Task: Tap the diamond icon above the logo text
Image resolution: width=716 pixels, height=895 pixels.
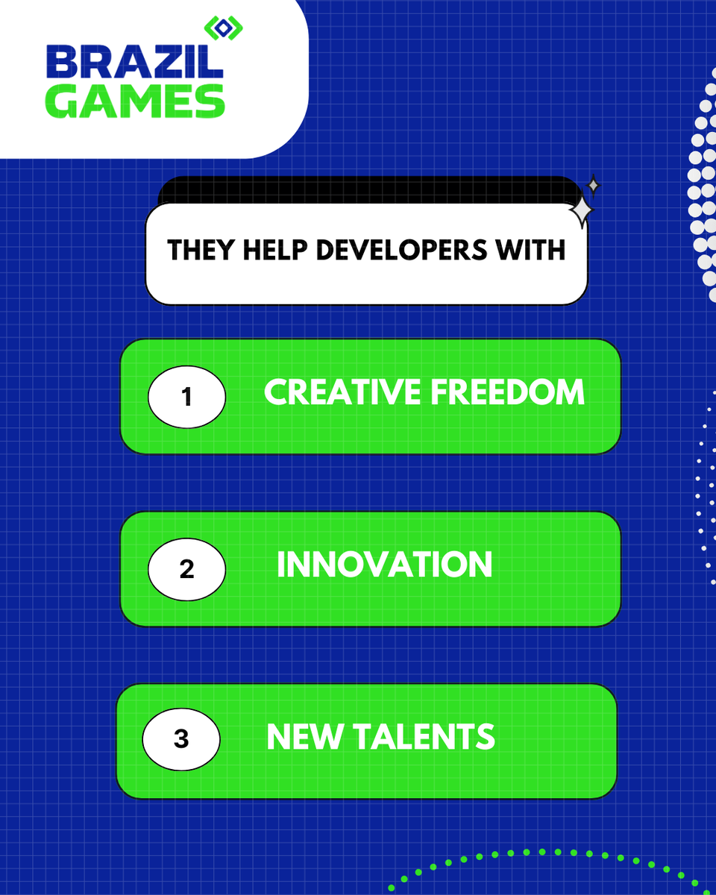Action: pyautogui.click(x=224, y=28)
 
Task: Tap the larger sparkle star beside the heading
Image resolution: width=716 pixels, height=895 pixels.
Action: pyautogui.click(x=581, y=212)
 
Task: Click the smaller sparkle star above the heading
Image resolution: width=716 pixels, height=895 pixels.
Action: pyautogui.click(x=593, y=185)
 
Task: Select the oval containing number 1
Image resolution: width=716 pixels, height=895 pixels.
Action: pyautogui.click(x=186, y=397)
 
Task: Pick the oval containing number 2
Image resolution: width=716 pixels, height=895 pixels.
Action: pyautogui.click(x=186, y=569)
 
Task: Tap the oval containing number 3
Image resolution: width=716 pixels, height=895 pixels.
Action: pyautogui.click(x=181, y=740)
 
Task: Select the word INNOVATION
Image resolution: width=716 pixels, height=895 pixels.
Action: pyautogui.click(x=384, y=565)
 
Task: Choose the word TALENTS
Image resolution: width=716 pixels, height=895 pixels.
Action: pyautogui.click(x=423, y=736)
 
